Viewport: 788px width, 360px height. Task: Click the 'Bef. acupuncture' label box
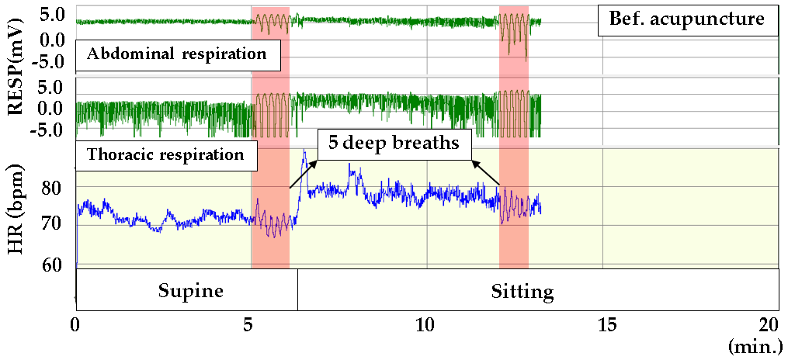[x=687, y=19]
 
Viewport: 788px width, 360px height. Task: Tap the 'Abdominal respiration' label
[x=178, y=54]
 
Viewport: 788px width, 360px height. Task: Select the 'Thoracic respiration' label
[x=166, y=154]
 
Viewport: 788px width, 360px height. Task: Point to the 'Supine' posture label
[x=191, y=291]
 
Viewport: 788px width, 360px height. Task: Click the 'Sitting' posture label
[x=522, y=292]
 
